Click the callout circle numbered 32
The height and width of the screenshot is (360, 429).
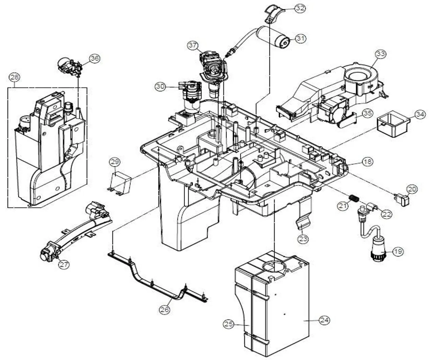(x=300, y=8)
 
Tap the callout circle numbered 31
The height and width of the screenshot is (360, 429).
(x=300, y=38)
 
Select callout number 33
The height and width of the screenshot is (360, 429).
(x=380, y=54)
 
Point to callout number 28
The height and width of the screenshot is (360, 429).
(x=14, y=78)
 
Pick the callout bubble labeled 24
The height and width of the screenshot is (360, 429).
(x=324, y=320)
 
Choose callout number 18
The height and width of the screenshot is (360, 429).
(x=367, y=162)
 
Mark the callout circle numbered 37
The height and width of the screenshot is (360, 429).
(x=193, y=45)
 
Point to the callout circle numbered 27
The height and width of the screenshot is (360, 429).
(x=64, y=264)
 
